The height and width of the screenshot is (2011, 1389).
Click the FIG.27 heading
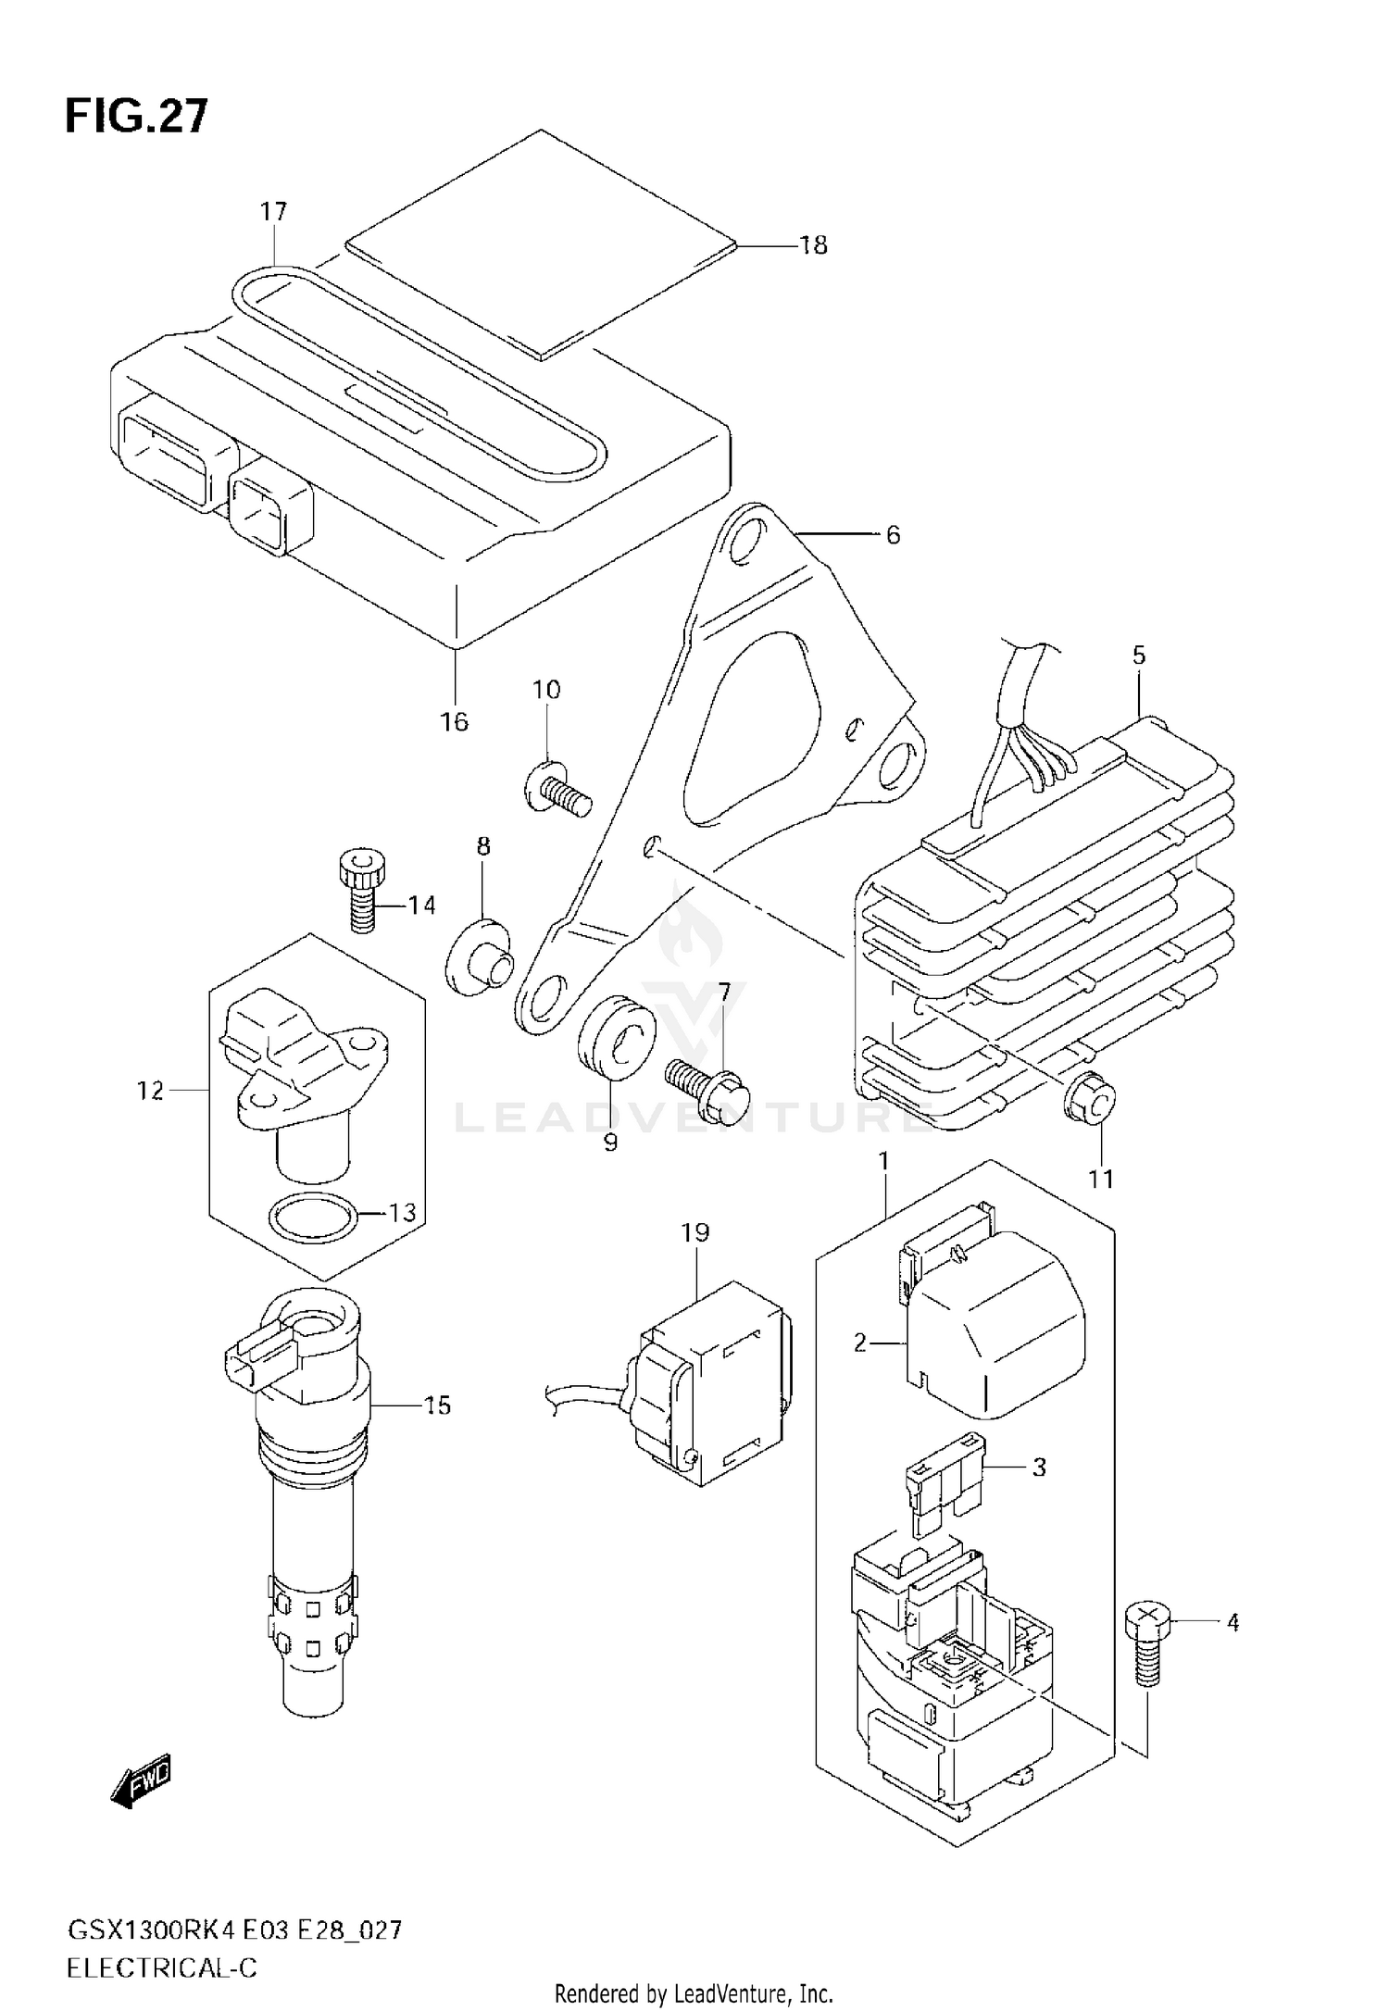pos(137,118)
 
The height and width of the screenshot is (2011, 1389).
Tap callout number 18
pos(812,245)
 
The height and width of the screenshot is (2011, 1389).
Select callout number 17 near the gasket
pos(273,212)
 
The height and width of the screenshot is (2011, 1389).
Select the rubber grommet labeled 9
pos(617,1037)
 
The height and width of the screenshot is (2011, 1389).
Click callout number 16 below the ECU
pos(454,721)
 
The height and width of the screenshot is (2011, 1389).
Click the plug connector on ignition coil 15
pos(253,1362)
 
